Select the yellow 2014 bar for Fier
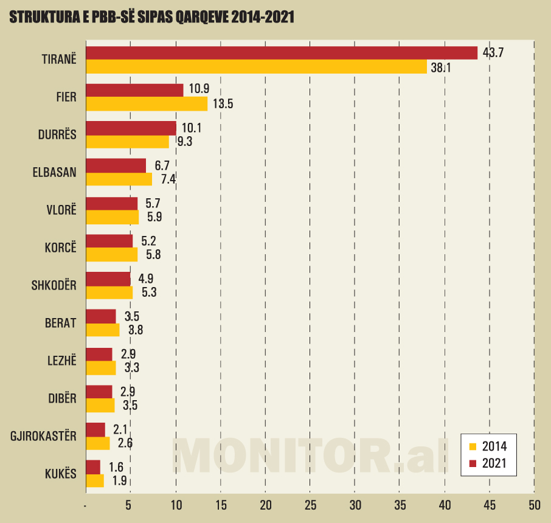click(147, 104)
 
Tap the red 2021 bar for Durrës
click(131, 128)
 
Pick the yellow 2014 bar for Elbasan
click(119, 179)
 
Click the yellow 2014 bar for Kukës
click(95, 480)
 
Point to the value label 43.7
click(493, 52)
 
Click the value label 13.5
click(223, 104)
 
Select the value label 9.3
click(184, 142)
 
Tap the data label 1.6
click(116, 467)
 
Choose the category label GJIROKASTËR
click(44, 436)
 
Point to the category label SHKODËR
click(54, 285)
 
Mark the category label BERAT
click(61, 323)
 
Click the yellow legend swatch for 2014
click(472, 446)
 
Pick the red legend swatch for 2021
click(472, 464)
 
